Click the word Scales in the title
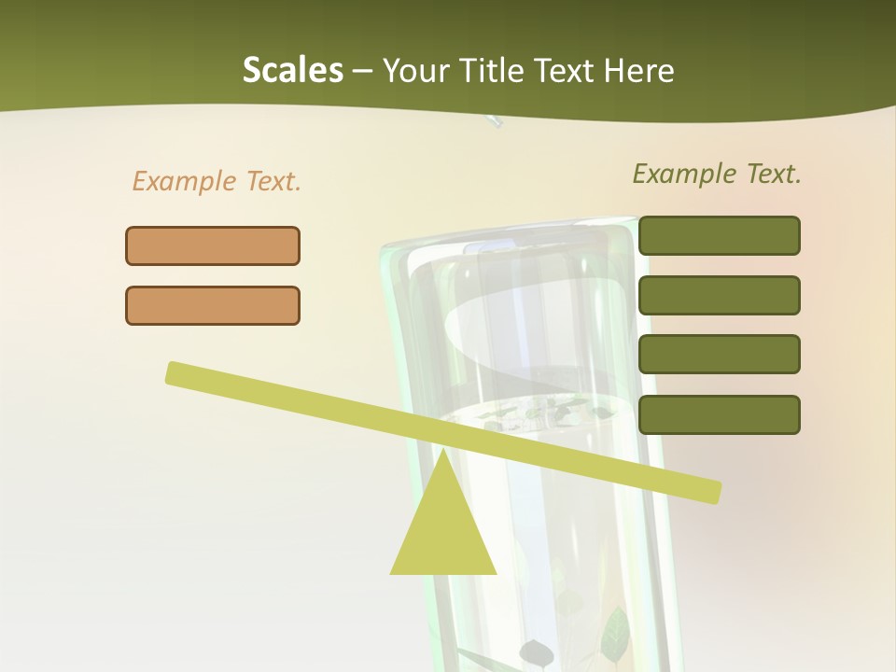pyautogui.click(x=292, y=70)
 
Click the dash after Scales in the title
pyautogui.click(x=363, y=72)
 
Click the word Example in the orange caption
pyautogui.click(x=184, y=181)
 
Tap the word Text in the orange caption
pyautogui.click(x=272, y=181)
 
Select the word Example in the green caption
pyautogui.click(x=684, y=174)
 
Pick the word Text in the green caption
pyautogui.click(x=772, y=174)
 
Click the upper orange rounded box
pyautogui.click(x=213, y=245)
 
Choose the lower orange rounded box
pyautogui.click(x=213, y=305)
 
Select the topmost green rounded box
pyautogui.click(x=719, y=235)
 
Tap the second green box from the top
pyautogui.click(x=719, y=295)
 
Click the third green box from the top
pyautogui.click(x=719, y=355)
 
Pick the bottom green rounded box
pyautogui.click(x=719, y=414)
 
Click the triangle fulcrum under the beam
pyautogui.click(x=443, y=532)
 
